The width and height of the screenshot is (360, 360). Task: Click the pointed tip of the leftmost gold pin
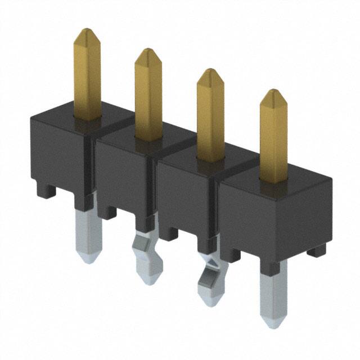pos(86,33)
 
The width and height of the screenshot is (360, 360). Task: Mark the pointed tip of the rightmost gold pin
pos(273,93)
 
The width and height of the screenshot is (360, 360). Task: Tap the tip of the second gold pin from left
pos(147,52)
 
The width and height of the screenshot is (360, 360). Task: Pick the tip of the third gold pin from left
pos(210,73)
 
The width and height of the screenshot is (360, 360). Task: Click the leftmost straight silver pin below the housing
pos(89,233)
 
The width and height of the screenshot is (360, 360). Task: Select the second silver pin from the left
pos(145,256)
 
